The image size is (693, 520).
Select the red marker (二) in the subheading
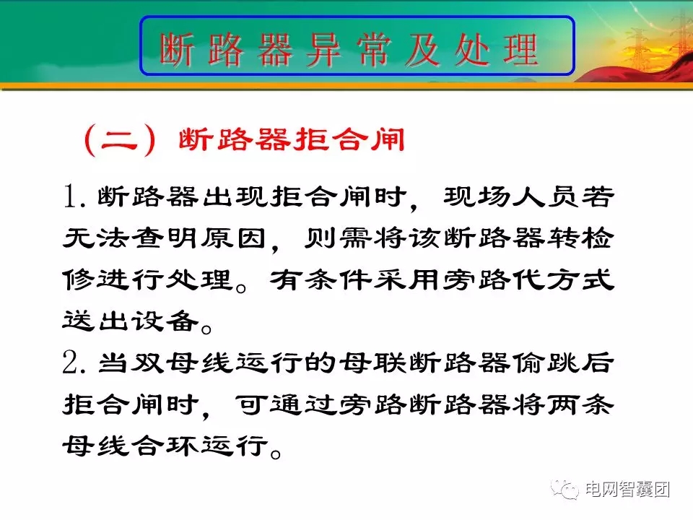(x=121, y=139)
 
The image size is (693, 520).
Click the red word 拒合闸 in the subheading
(x=349, y=139)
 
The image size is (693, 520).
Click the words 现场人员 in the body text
(x=506, y=196)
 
